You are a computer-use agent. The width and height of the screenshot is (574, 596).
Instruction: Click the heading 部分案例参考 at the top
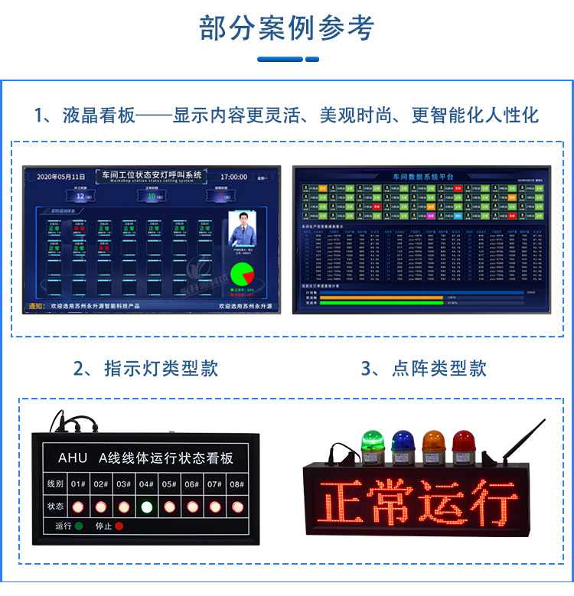click(x=287, y=28)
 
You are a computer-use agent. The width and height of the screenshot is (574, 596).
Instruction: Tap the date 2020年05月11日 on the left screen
click(x=61, y=177)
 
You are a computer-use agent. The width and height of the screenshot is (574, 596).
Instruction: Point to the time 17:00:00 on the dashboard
click(x=234, y=177)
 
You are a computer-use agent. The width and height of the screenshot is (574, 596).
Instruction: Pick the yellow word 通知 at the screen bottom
click(x=36, y=306)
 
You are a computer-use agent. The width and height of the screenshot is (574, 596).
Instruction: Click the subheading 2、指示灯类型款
click(x=145, y=368)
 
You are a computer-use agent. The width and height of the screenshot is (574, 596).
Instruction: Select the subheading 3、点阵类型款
click(x=424, y=368)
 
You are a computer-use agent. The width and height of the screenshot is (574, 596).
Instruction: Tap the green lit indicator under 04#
click(x=146, y=506)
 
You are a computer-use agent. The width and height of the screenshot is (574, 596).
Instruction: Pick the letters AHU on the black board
click(x=73, y=458)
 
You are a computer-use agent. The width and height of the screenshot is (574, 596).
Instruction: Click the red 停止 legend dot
click(x=119, y=526)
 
